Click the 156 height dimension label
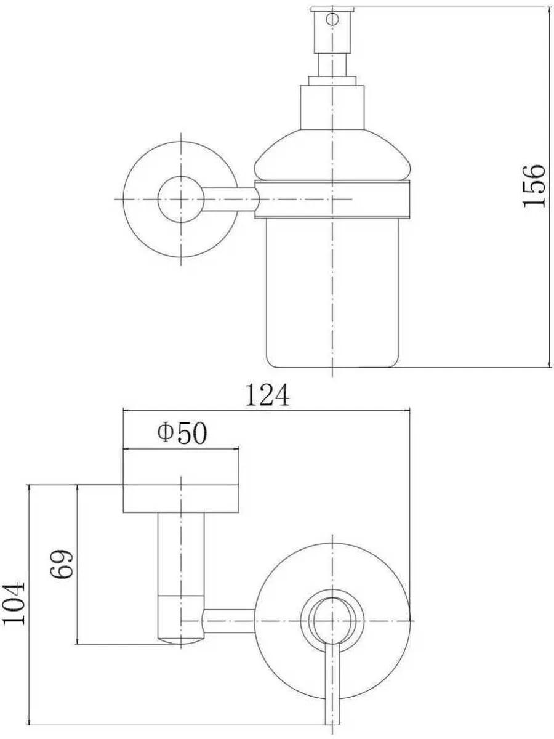(534, 185)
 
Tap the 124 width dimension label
(267, 395)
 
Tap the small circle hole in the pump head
(332, 19)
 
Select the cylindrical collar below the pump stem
(332, 107)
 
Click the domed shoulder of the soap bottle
(332, 155)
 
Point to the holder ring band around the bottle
(332, 200)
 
